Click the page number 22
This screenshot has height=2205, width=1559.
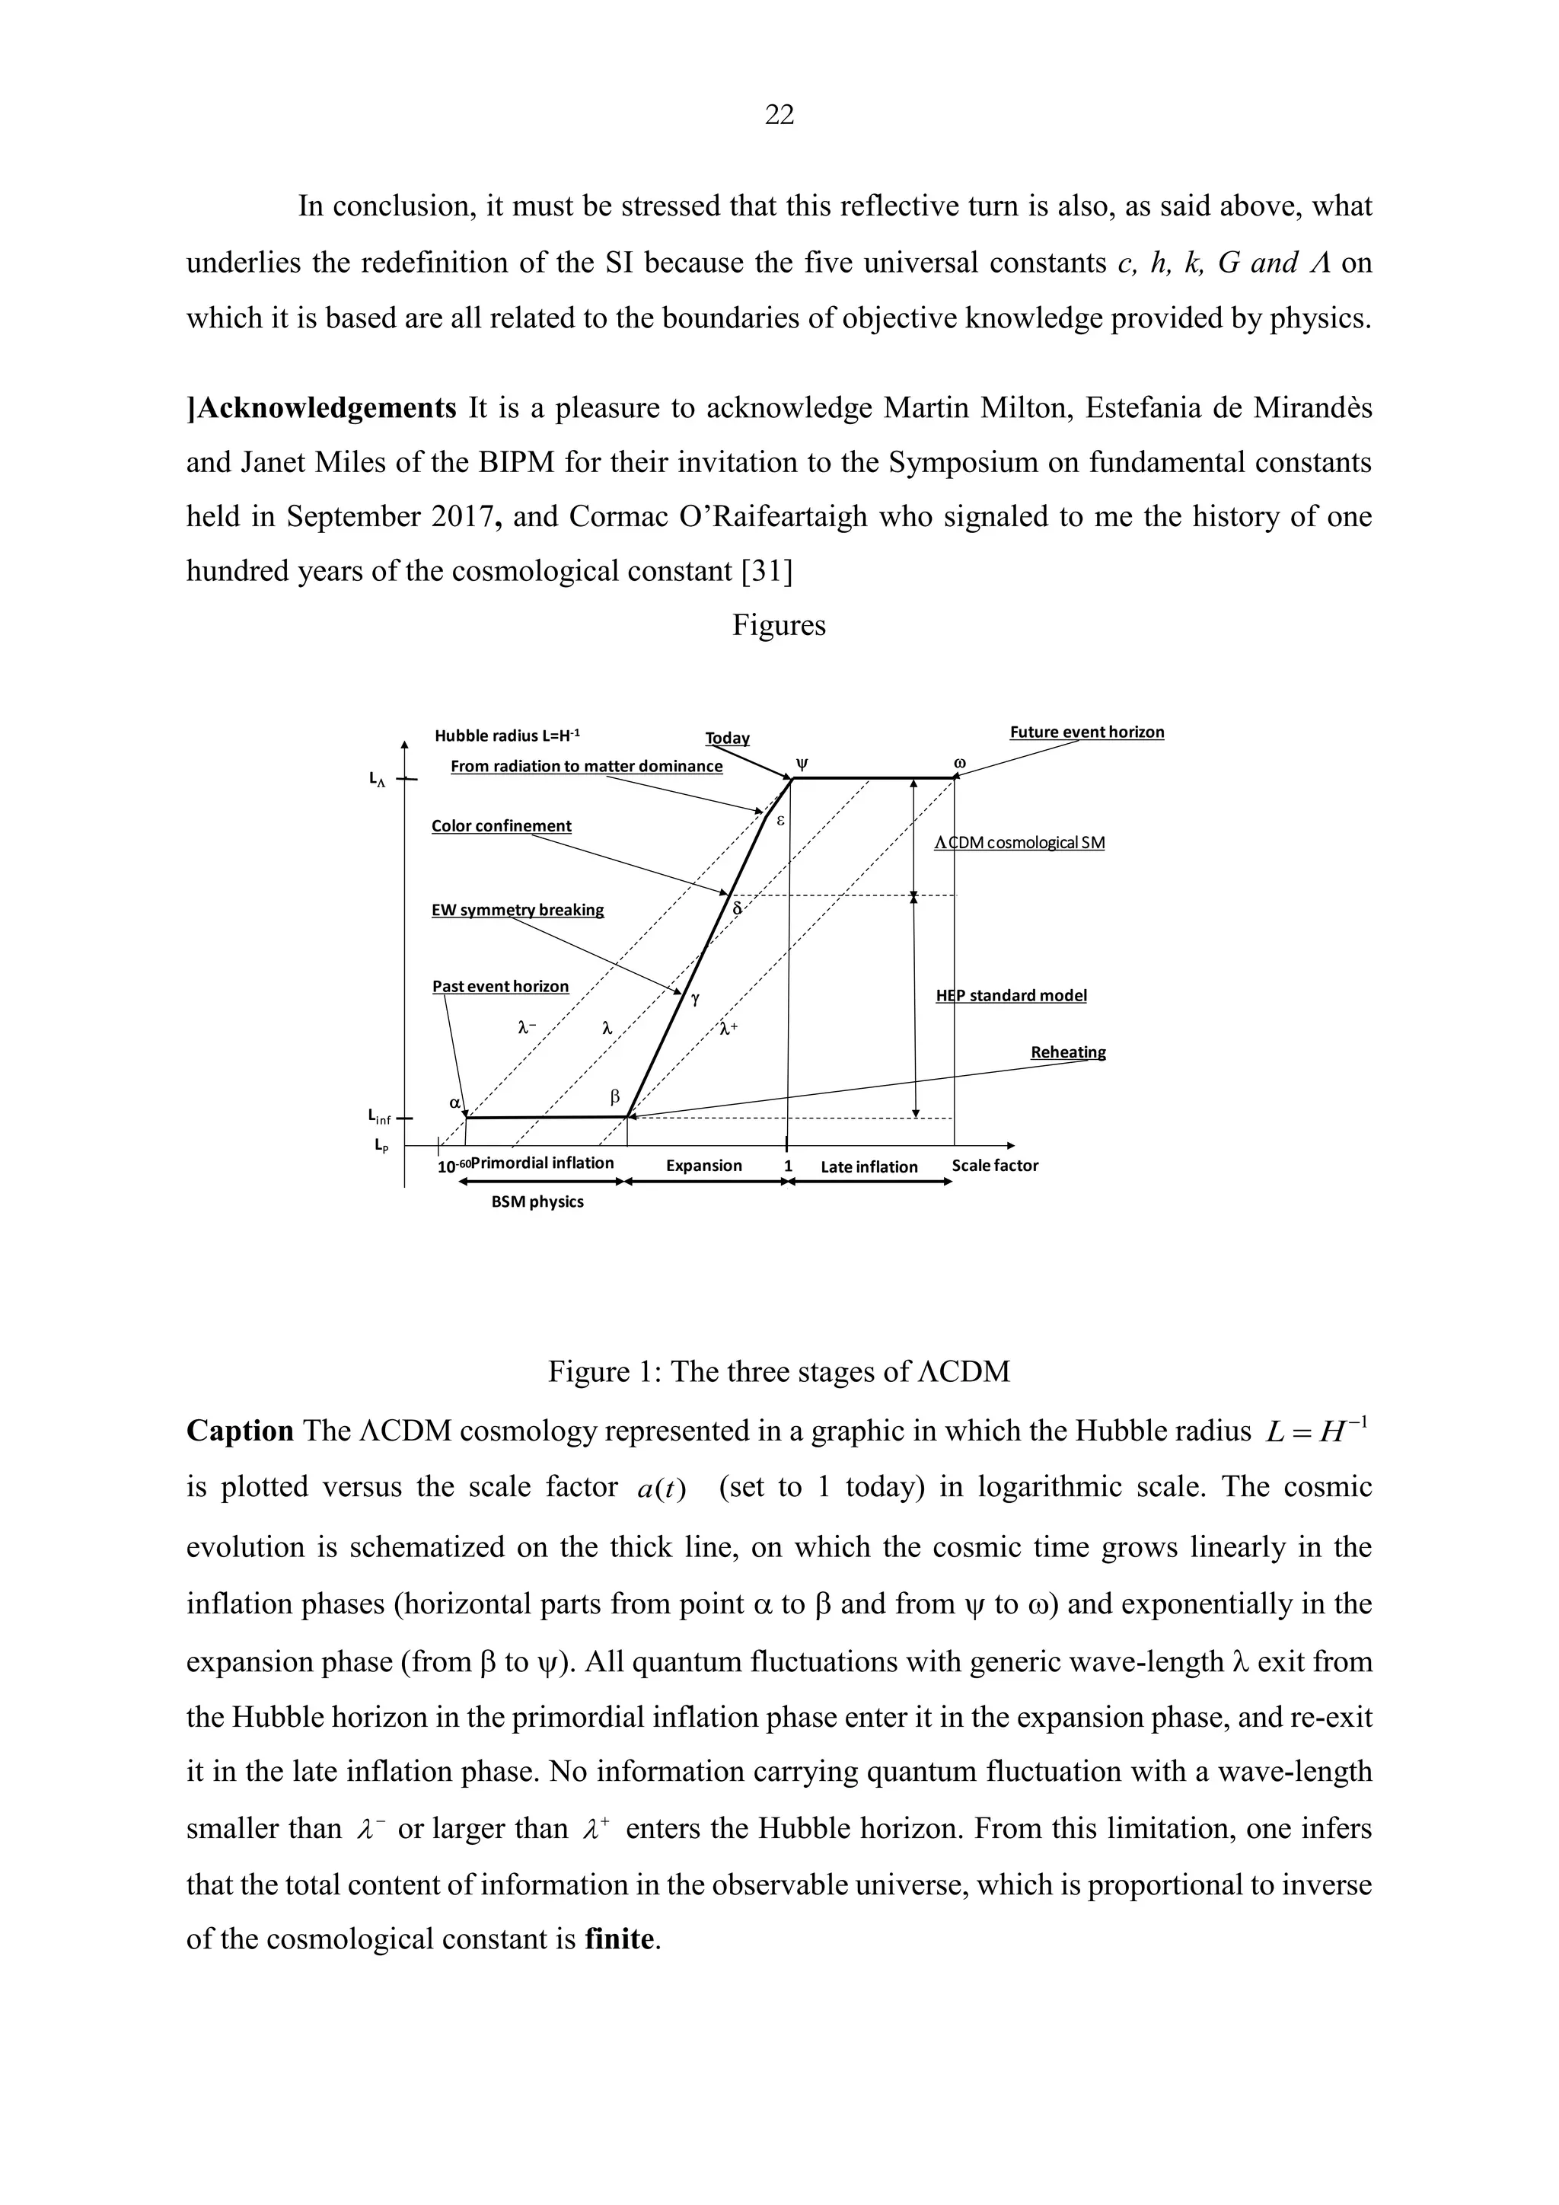click(779, 115)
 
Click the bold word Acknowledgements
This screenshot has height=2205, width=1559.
click(324, 408)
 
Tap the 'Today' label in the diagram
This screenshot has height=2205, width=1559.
click(727, 738)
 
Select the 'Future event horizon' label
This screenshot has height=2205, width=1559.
click(1087, 732)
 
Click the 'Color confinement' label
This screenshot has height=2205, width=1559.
click(501, 826)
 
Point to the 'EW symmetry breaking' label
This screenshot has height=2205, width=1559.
click(518, 909)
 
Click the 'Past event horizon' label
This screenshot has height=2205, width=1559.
click(500, 986)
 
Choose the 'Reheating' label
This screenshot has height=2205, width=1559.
click(1067, 1051)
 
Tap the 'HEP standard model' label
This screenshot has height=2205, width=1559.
click(1011, 995)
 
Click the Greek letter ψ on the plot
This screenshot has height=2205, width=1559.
click(802, 764)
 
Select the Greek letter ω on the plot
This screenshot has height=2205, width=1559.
click(959, 764)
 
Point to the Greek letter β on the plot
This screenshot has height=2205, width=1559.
click(615, 1096)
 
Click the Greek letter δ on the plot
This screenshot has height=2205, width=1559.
click(738, 908)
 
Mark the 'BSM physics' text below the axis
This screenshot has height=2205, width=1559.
click(537, 1201)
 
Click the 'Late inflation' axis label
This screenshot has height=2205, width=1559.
click(869, 1167)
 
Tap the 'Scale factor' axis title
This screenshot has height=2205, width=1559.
click(994, 1165)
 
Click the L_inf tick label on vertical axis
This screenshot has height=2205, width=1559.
click(379, 1117)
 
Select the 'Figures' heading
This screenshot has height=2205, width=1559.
click(779, 625)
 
